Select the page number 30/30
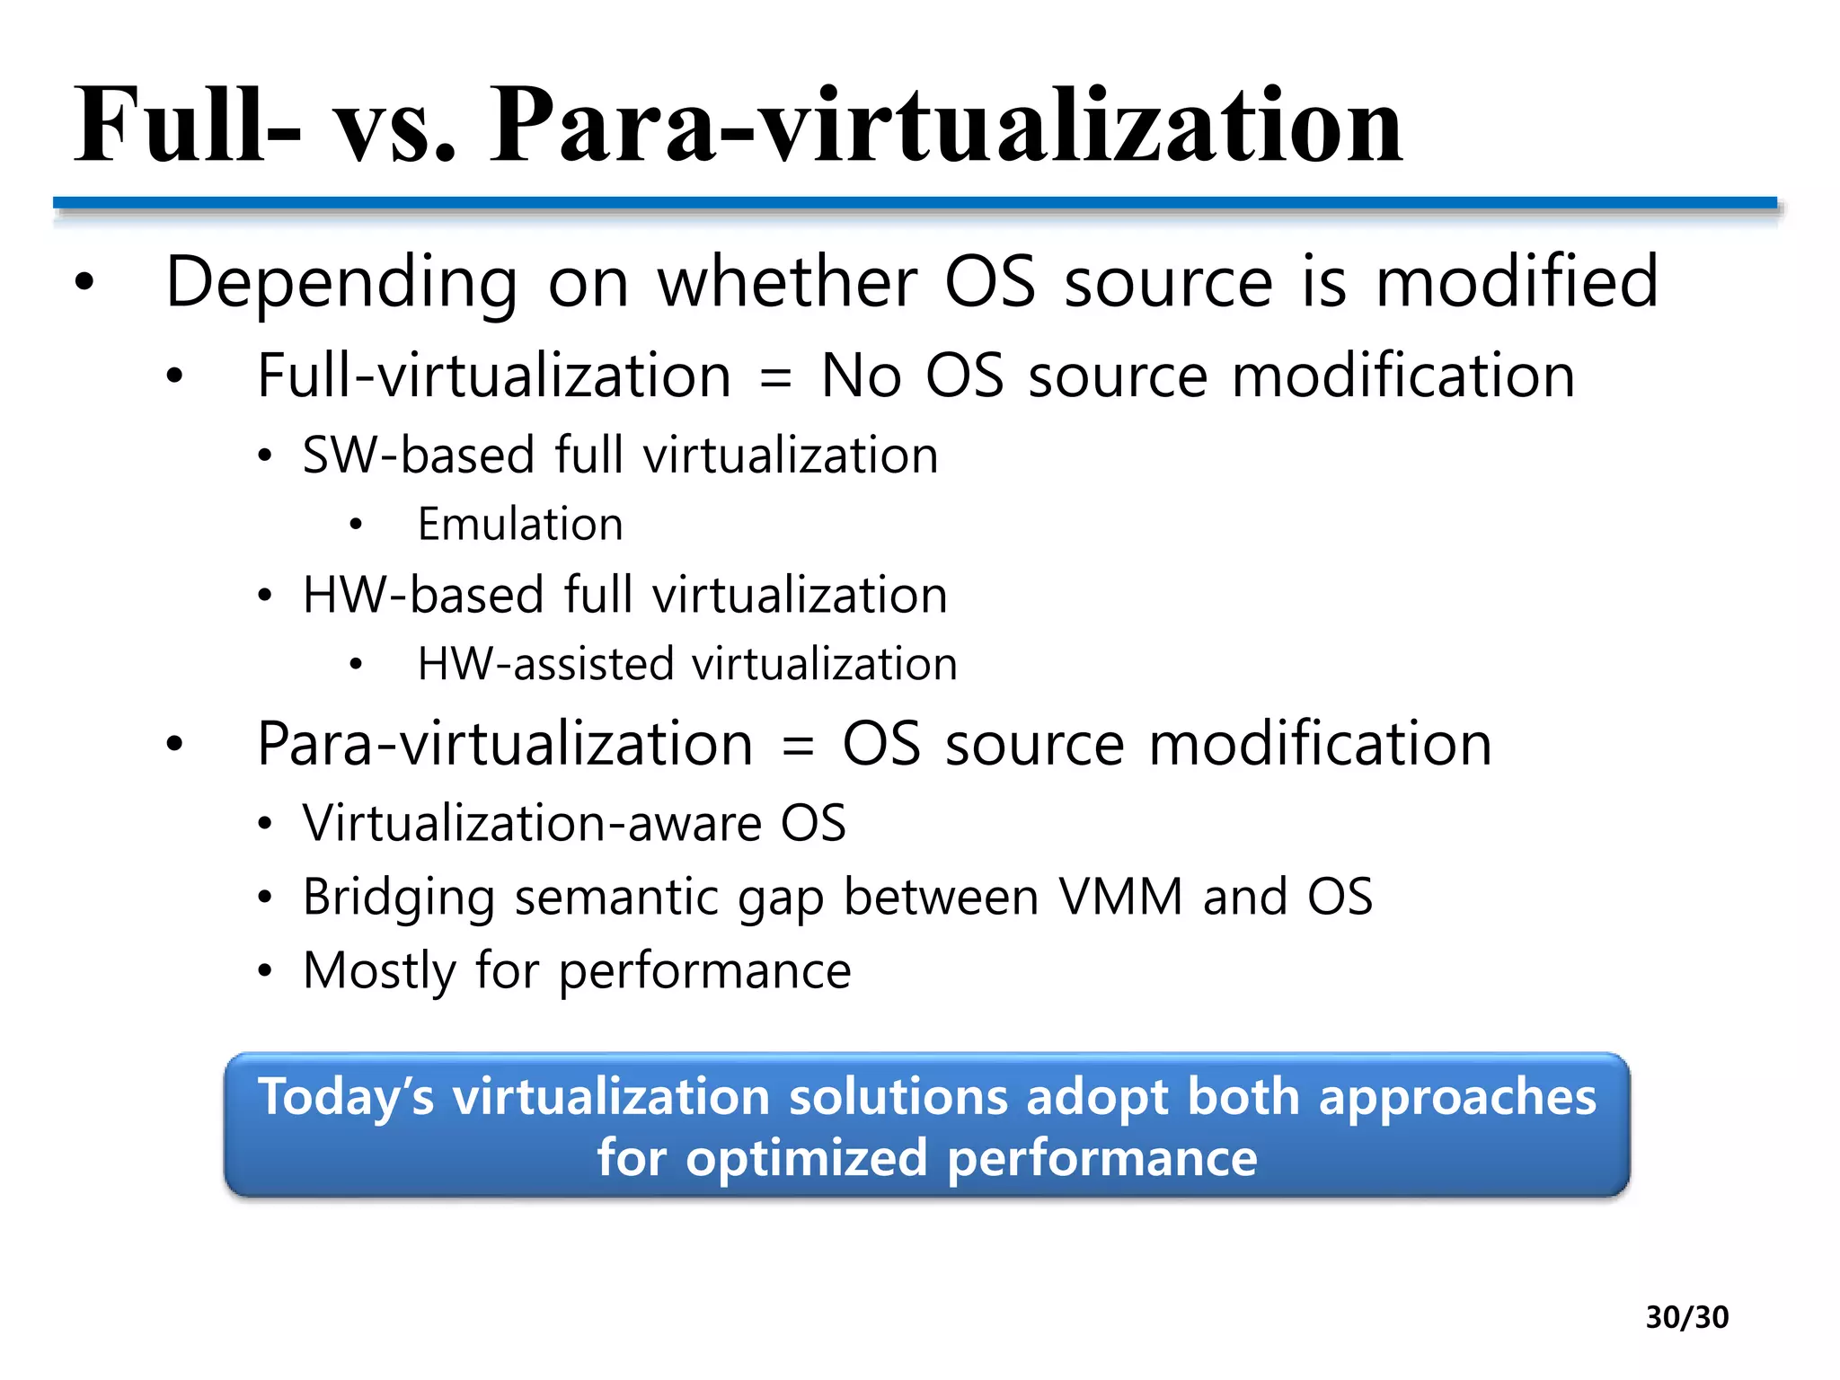[x=1686, y=1317]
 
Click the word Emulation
[x=520, y=525]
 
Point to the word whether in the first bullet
[x=787, y=282]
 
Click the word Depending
[x=342, y=284]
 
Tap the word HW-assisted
[x=545, y=665]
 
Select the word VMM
[x=1120, y=897]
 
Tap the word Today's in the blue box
[x=346, y=1098]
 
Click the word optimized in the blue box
[x=806, y=1158]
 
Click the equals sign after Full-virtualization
[x=775, y=377]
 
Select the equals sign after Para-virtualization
[x=797, y=746]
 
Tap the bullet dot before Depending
[x=84, y=284]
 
